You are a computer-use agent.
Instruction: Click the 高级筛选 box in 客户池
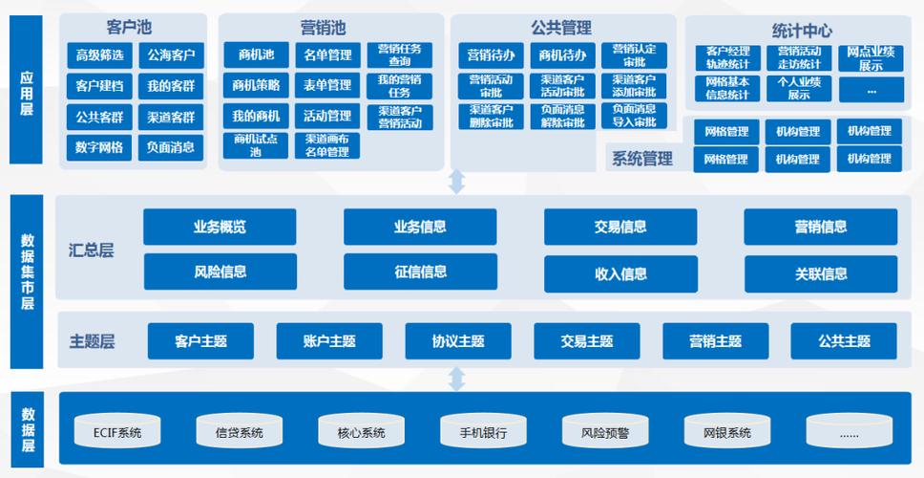coord(99,55)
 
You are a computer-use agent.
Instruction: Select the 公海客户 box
coord(171,55)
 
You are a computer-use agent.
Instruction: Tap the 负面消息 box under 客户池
coord(171,147)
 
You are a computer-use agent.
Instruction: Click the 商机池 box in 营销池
coord(256,55)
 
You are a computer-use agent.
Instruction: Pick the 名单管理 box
coord(327,55)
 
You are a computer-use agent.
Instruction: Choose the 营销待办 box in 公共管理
coord(492,55)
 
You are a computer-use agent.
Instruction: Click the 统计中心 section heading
coord(802,31)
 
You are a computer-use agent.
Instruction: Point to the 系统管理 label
coord(641,159)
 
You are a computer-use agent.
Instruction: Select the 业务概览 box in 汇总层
coord(220,228)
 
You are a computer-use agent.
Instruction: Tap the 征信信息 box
coord(420,272)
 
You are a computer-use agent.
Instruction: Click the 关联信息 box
coord(821,273)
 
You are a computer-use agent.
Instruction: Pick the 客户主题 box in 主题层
coord(200,341)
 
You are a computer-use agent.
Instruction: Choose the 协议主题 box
coord(458,341)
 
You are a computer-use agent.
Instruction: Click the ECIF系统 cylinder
coord(117,432)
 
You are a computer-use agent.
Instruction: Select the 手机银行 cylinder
coord(483,432)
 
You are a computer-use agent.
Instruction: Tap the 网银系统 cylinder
coord(727,432)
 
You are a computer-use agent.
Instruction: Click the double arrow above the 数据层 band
coord(457,379)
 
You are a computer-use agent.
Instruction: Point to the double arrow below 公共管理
coord(457,182)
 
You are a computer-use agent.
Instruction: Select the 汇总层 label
coord(92,250)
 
